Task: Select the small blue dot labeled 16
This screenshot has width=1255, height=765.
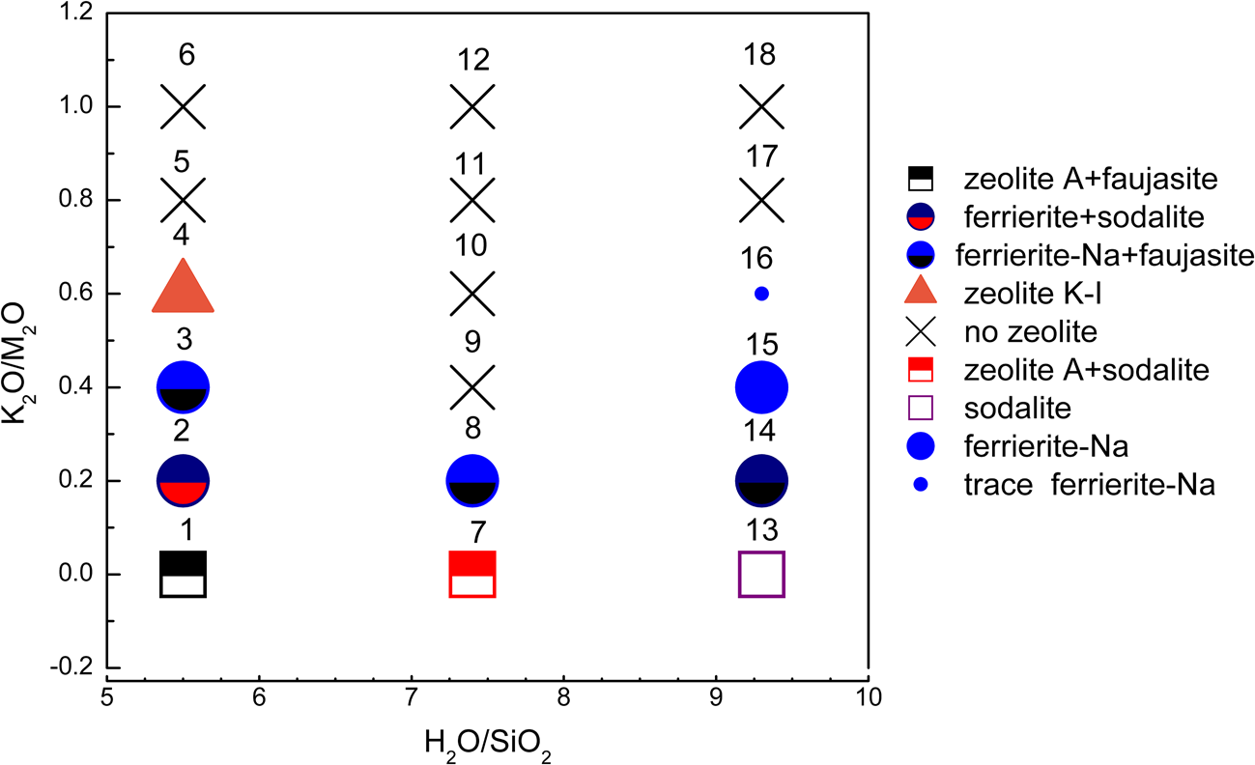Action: (761, 294)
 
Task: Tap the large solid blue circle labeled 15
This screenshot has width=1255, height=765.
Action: (761, 387)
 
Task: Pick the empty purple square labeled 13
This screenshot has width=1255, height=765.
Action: (761, 575)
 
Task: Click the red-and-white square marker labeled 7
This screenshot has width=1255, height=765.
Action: (472, 575)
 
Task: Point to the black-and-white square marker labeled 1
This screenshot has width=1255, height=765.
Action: (183, 575)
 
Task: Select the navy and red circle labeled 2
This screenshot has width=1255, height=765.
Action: (183, 480)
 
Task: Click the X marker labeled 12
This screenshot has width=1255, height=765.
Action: (472, 106)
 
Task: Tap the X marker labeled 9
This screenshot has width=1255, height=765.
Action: (472, 387)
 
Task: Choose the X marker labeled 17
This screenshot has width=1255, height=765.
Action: (761, 200)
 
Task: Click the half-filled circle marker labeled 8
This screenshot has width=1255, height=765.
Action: (472, 480)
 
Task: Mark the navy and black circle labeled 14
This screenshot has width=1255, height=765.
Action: (761, 480)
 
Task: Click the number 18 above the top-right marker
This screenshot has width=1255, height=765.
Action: (761, 59)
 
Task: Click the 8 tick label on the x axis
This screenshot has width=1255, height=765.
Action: (563, 694)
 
